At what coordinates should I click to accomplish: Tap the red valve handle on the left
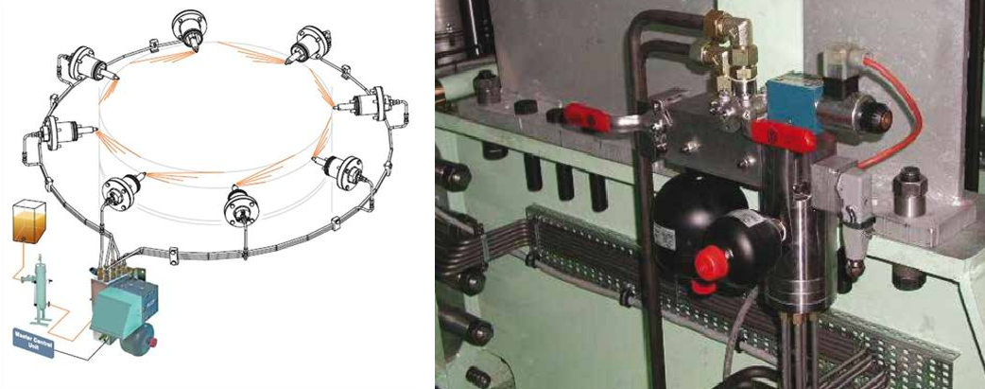[569, 113]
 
